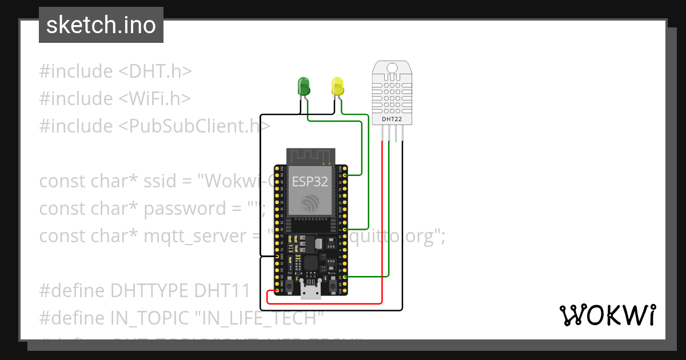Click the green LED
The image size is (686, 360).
click(303, 86)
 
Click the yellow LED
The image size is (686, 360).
click(337, 86)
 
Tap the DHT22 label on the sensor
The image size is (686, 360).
click(392, 119)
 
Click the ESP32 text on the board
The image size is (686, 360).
click(310, 181)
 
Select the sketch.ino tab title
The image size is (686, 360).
click(101, 25)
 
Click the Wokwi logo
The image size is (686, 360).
click(607, 315)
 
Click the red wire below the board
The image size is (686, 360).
click(326, 303)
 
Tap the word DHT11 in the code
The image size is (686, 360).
click(222, 291)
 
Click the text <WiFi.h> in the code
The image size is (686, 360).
click(154, 98)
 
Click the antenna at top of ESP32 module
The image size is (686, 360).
click(310, 155)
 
